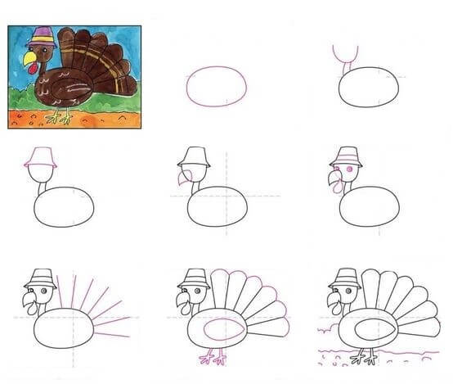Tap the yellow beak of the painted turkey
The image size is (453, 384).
point(29,59)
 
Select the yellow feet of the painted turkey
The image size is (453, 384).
point(58,117)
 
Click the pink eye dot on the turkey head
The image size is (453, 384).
point(350,168)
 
